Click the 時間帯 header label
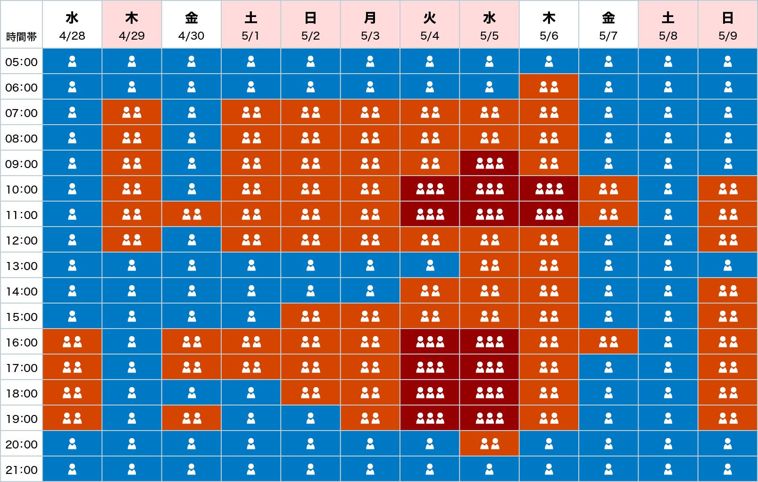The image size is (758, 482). click(21, 37)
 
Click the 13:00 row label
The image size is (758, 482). click(21, 266)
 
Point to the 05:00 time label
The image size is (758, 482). click(21, 62)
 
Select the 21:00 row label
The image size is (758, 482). click(21, 470)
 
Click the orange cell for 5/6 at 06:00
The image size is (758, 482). click(549, 87)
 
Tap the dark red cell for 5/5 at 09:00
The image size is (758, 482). click(489, 163)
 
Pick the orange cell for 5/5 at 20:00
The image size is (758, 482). click(489, 444)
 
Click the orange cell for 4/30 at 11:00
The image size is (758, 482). click(192, 215)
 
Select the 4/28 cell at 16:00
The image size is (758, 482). click(72, 342)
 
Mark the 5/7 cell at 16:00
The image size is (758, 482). click(608, 342)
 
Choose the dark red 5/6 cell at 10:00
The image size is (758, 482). click(549, 189)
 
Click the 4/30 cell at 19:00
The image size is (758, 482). click(192, 418)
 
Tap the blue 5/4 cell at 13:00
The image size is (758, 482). click(430, 266)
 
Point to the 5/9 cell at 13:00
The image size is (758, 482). click(728, 266)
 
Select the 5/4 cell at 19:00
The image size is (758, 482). click(430, 418)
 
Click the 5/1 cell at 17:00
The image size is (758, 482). click(251, 367)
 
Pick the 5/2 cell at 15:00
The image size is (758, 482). click(310, 316)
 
